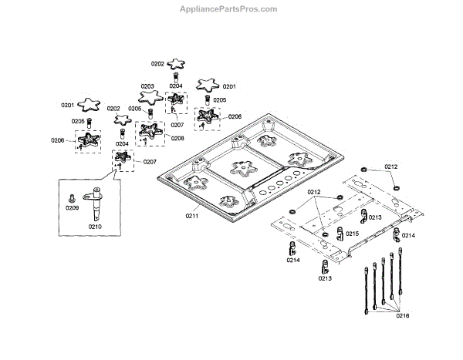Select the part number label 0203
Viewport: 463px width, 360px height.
click(147, 86)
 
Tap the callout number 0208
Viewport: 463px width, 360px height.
click(178, 138)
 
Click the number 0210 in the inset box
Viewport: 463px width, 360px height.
click(95, 227)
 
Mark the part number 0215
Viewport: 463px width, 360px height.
click(352, 233)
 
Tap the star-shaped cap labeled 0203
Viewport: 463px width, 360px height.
click(149, 97)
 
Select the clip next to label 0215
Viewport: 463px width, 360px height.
click(339, 231)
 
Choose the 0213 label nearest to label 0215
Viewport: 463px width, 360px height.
click(375, 218)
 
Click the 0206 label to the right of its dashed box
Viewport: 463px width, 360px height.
click(235, 116)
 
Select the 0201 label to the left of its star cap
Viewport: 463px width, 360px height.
click(67, 105)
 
